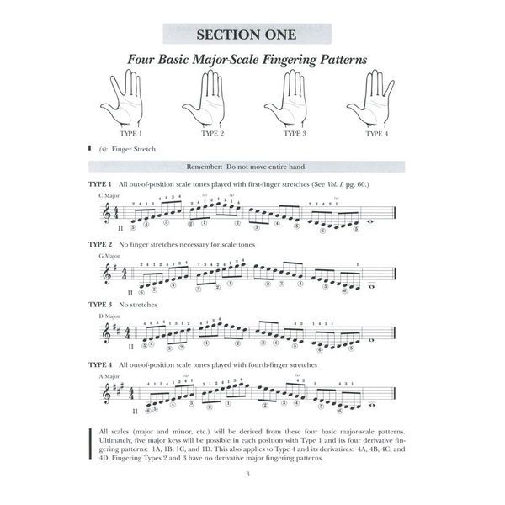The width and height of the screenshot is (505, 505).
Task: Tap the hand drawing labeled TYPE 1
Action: [x=129, y=100]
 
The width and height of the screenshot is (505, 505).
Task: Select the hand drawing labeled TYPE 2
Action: [x=210, y=100]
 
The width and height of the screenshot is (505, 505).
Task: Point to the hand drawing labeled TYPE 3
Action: [x=292, y=100]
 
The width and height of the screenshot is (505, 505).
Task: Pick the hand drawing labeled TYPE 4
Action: [x=375, y=100]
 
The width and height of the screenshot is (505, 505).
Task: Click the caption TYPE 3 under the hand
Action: [x=295, y=133]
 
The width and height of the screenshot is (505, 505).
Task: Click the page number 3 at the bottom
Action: [x=252, y=481]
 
